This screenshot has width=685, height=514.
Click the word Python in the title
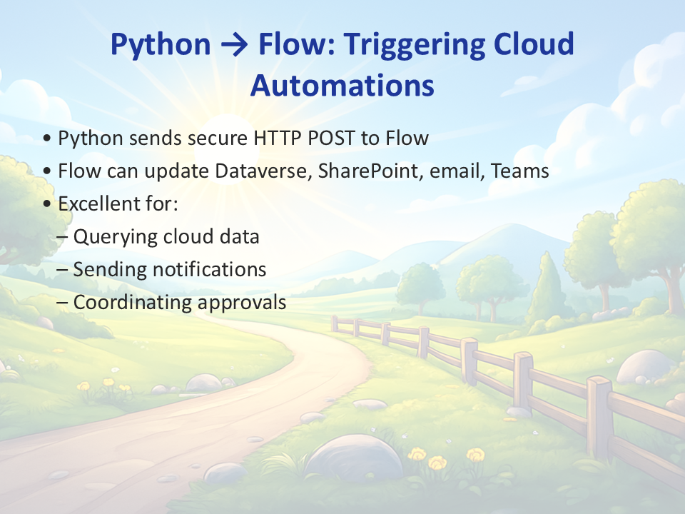pyautogui.click(x=161, y=45)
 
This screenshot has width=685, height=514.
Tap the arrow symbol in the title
pyautogui.click(x=235, y=45)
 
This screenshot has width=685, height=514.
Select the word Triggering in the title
pyautogui.click(x=414, y=45)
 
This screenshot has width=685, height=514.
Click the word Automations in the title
pyautogui.click(x=342, y=85)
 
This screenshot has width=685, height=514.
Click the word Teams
pyautogui.click(x=520, y=171)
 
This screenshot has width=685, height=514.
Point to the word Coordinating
pyautogui.click(x=132, y=303)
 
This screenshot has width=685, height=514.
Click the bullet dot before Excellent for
pyautogui.click(x=47, y=204)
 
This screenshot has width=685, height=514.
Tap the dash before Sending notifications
pyautogui.click(x=63, y=271)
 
